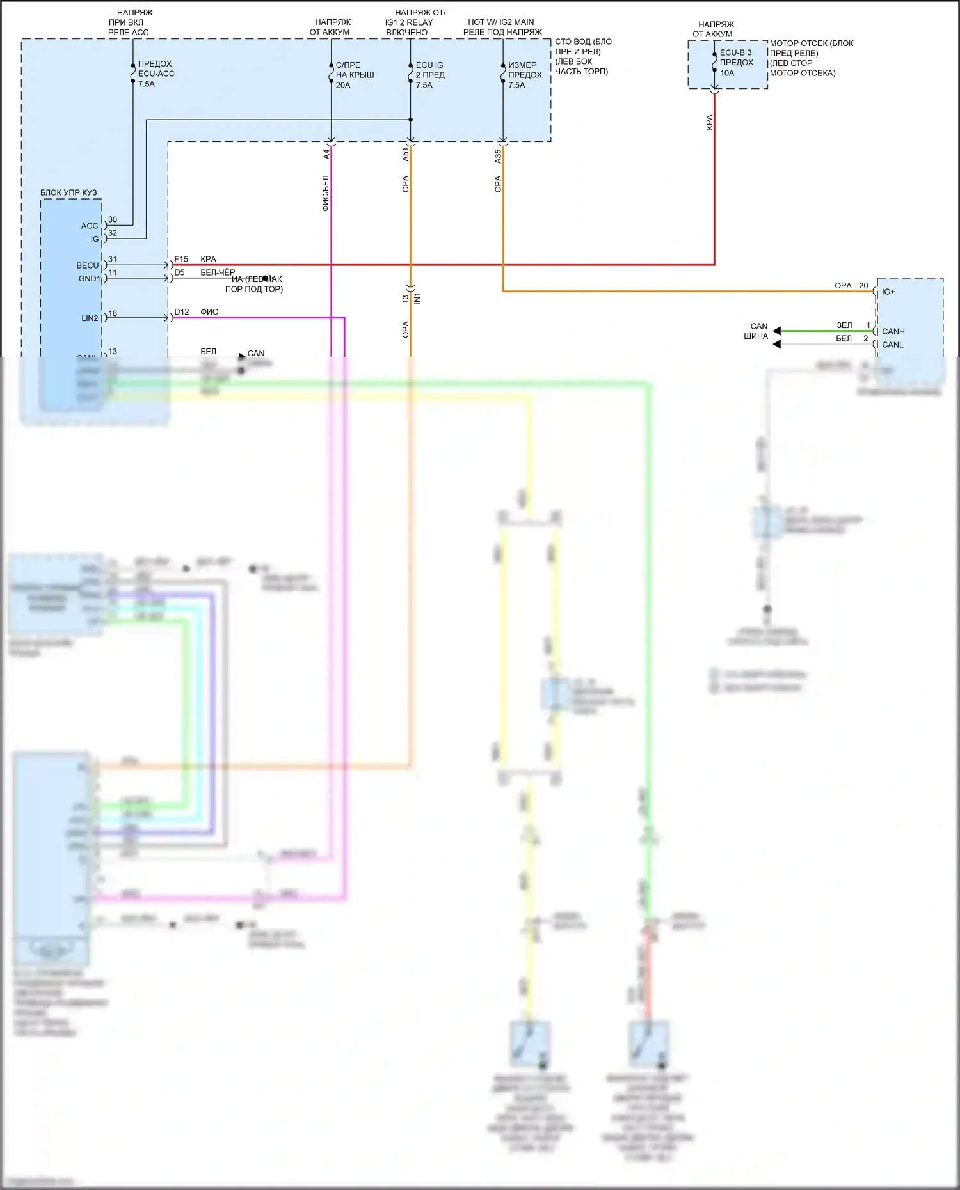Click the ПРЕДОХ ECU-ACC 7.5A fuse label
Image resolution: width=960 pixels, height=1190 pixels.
[156, 74]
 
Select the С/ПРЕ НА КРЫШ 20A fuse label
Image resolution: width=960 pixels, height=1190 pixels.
[355, 75]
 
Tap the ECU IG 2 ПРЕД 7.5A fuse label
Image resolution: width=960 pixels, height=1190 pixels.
[429, 75]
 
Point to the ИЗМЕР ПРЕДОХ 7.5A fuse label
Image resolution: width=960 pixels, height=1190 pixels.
[524, 75]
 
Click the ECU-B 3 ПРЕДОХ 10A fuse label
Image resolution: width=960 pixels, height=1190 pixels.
[736, 63]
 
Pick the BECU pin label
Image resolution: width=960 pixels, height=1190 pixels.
[88, 265]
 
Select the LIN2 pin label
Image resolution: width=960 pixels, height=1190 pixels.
[90, 318]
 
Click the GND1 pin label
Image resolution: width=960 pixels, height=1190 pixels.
[89, 279]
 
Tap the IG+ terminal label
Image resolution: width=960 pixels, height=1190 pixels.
[888, 292]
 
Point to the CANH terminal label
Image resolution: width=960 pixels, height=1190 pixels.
[893, 331]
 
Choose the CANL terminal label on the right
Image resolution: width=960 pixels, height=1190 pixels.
[892, 345]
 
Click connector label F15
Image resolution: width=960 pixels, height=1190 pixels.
[181, 259]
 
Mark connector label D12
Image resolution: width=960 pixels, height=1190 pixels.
[182, 312]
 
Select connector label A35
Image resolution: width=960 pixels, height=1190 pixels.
[498, 157]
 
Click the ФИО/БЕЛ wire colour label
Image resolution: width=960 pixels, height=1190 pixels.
[326, 193]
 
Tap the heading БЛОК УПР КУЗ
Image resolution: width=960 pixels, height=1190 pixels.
[68, 192]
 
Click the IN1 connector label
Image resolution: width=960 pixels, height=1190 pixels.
[417, 298]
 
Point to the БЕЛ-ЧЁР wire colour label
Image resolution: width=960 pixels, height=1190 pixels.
[218, 272]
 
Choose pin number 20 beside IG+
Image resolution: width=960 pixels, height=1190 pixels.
[863, 286]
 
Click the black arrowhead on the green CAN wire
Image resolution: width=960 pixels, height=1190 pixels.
[776, 331]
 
